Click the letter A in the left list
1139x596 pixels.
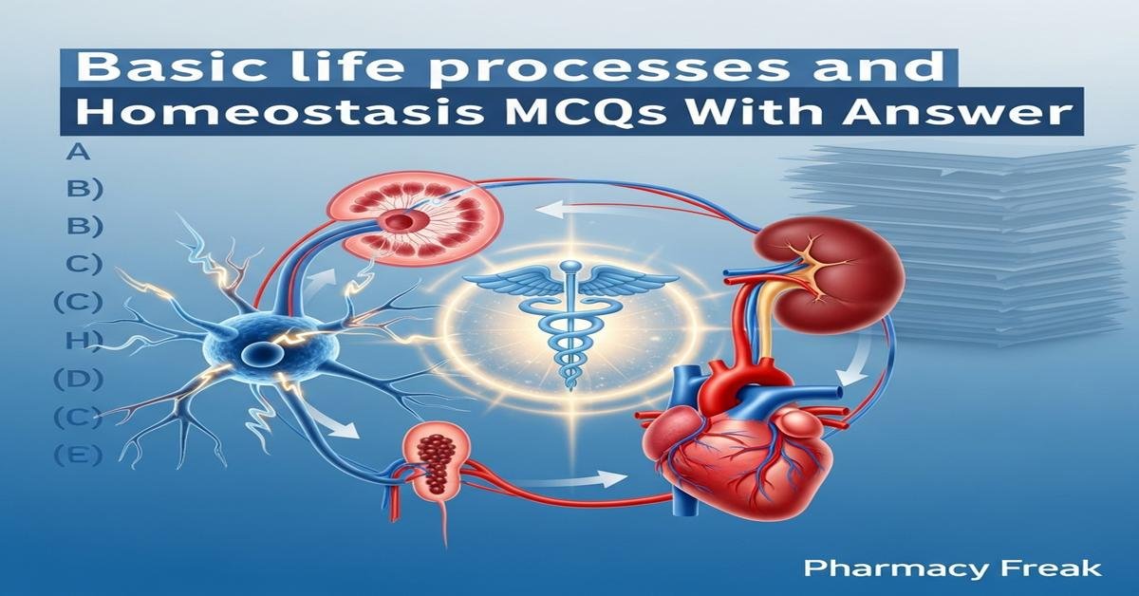point(73,152)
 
